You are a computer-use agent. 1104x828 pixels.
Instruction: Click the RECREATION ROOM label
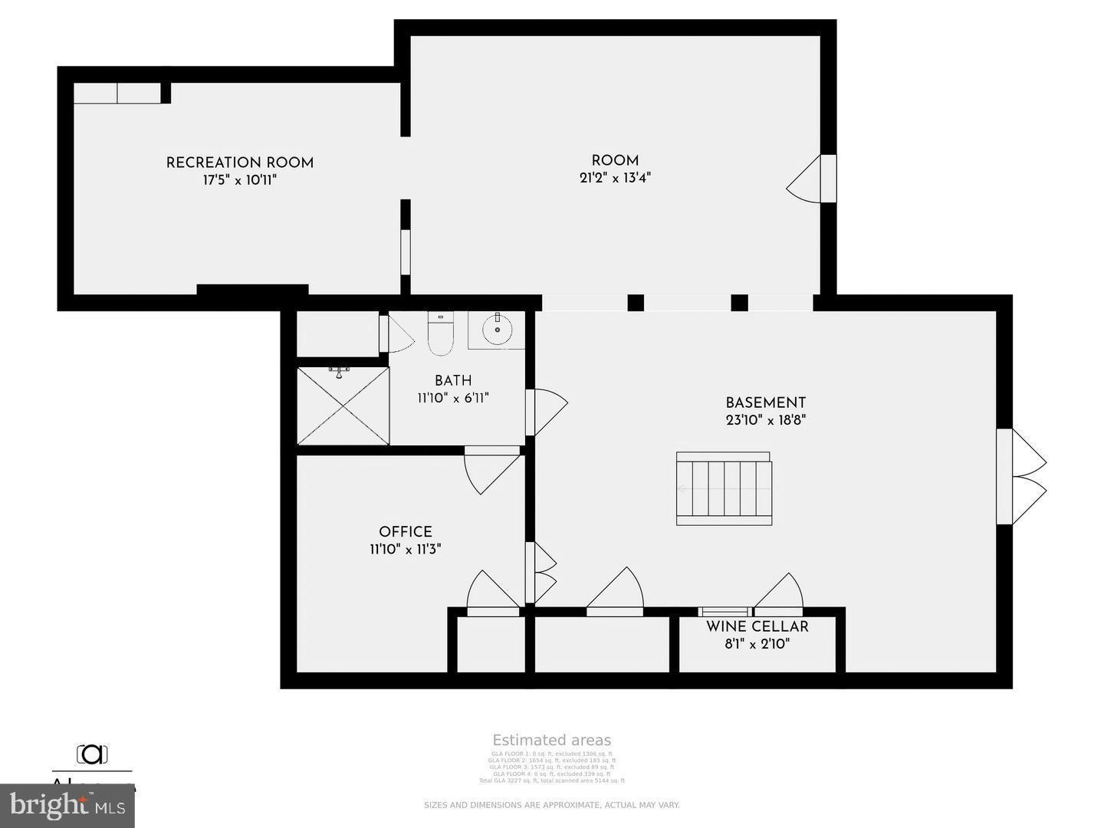click(239, 163)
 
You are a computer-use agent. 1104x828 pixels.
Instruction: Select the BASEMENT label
click(765, 402)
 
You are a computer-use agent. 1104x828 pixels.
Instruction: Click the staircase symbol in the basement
click(724, 489)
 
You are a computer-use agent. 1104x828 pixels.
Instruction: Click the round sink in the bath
click(497, 330)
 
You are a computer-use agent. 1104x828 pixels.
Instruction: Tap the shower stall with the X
click(343, 406)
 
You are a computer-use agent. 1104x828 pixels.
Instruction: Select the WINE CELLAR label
click(757, 626)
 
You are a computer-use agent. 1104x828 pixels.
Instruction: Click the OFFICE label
click(405, 531)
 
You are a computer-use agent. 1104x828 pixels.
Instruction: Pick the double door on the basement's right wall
click(1024, 476)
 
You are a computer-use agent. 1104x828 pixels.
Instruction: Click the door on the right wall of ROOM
click(809, 179)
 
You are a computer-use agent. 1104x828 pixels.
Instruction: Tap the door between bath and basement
click(547, 412)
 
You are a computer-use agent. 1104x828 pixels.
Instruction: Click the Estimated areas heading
click(551, 740)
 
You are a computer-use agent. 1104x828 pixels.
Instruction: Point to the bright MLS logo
click(67, 805)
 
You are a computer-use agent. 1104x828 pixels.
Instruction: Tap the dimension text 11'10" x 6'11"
click(452, 398)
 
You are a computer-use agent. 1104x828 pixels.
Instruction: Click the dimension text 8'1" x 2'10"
click(757, 644)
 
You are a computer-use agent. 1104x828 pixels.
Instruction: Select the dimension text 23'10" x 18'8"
click(765, 420)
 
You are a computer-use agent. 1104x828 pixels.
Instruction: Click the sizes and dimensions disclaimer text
click(551, 805)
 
